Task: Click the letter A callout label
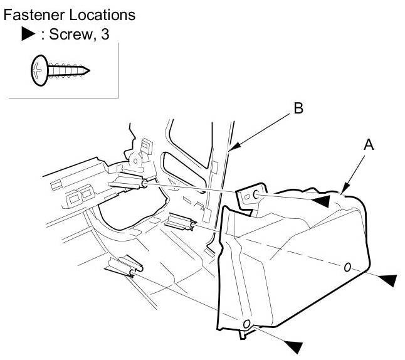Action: [x=369, y=144]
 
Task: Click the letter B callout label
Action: [x=298, y=109]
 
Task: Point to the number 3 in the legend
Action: [x=105, y=34]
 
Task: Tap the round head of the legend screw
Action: [x=37, y=70]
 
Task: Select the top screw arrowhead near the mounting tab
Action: [x=320, y=200]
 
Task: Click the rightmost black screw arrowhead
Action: [x=388, y=279]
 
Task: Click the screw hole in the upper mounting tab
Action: [x=256, y=195]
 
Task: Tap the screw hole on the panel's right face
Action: [x=347, y=267]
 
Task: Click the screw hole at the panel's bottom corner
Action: [x=246, y=324]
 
